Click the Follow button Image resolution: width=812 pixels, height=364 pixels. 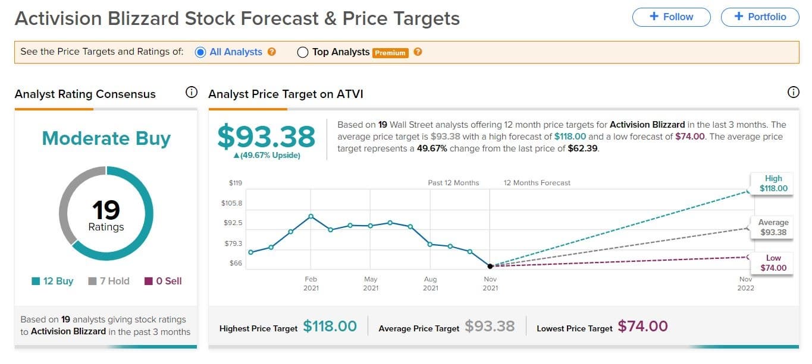click(x=671, y=17)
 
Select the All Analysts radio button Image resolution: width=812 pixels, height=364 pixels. click(x=200, y=52)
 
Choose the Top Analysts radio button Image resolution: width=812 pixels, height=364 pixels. click(x=302, y=52)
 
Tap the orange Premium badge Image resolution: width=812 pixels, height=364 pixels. click(x=390, y=53)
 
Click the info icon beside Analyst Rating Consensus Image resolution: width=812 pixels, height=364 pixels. click(x=191, y=93)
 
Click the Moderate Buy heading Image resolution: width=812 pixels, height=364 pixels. click(x=106, y=138)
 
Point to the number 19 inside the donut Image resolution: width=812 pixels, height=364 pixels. click(x=106, y=210)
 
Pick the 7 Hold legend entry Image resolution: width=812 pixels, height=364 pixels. click(x=109, y=281)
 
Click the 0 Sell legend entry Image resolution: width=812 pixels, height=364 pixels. click(x=163, y=281)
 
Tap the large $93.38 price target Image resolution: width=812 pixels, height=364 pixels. click(x=266, y=137)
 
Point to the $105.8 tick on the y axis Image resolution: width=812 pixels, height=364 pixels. click(x=231, y=203)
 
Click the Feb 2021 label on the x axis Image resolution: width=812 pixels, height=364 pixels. click(x=311, y=283)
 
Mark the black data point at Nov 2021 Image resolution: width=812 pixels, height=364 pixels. click(x=490, y=266)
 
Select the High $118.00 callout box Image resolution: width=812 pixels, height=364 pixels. click(x=773, y=183)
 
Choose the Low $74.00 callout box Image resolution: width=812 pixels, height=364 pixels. click(x=773, y=262)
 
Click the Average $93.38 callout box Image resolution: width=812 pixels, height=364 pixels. click(x=773, y=227)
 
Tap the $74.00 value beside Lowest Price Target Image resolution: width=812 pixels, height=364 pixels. click(x=642, y=326)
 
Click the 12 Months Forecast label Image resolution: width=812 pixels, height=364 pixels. click(x=537, y=183)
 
